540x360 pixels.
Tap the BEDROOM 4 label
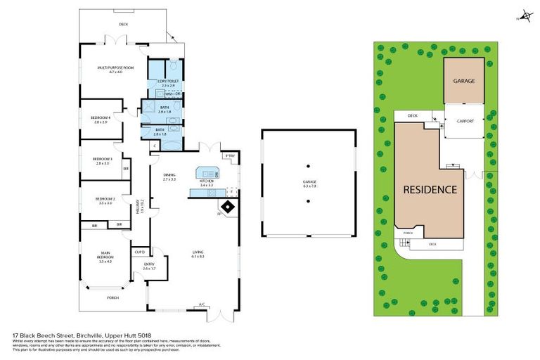point(100,119)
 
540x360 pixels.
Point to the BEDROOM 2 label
point(104,200)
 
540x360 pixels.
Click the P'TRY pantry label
point(229,155)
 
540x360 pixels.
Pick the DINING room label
point(169,176)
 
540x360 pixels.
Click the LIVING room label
point(198,254)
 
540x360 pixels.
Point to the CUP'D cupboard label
point(139,252)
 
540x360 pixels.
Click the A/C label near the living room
point(201,305)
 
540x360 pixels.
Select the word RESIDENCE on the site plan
point(430,190)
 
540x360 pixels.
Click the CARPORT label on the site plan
point(465,121)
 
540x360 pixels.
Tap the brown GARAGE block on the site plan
point(463,81)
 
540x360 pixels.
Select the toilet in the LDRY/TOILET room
point(173,66)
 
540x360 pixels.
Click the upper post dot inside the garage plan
point(308,167)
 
